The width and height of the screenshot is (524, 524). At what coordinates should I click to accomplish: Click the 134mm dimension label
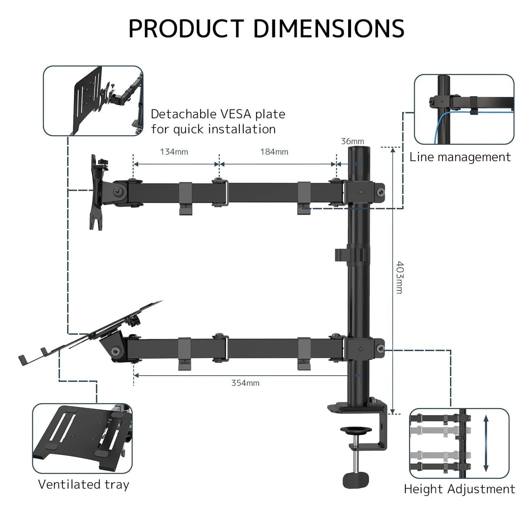pos(174,152)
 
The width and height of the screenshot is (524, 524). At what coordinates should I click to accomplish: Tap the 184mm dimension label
pos(274,152)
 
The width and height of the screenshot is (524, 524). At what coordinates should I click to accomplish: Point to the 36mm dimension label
pos(352,141)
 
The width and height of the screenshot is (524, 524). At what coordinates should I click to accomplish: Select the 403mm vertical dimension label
pos(399,277)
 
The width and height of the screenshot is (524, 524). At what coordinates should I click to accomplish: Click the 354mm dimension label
pos(246,383)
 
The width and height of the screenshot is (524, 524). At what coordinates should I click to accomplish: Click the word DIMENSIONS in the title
pos(329,29)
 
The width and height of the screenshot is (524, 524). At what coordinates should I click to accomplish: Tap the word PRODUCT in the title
pos(186,29)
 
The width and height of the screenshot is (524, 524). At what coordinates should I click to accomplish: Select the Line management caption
pos(460,157)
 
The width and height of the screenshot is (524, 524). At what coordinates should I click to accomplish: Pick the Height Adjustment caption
pos(459,489)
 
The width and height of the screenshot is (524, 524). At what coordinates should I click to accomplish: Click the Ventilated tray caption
pos(83,484)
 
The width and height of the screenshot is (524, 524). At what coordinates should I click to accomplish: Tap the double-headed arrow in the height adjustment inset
pos(486,443)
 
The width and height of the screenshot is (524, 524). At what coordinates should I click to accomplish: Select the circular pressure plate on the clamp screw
pos(356,431)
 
